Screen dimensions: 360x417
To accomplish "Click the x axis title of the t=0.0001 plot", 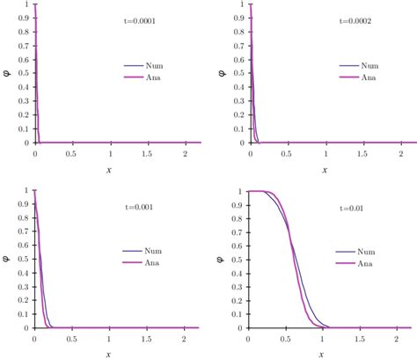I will pyautogui.click(x=110, y=167).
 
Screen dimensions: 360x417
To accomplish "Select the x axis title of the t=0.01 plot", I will pyautogui.click(x=325, y=354).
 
